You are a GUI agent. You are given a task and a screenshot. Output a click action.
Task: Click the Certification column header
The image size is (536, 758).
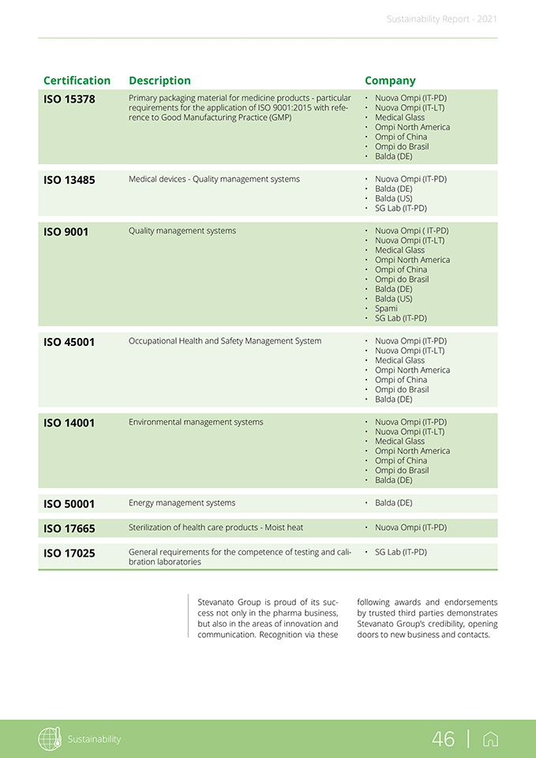(x=77, y=81)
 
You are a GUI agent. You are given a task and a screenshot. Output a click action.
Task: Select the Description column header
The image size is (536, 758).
(x=159, y=81)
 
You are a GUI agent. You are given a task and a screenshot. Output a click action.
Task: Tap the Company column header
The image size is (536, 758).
(x=390, y=81)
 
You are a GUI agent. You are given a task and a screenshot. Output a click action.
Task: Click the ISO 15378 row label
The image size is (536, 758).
(x=69, y=99)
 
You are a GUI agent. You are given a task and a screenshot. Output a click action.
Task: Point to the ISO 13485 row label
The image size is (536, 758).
(x=69, y=180)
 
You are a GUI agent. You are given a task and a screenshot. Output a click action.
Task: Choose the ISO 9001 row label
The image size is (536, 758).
(x=66, y=232)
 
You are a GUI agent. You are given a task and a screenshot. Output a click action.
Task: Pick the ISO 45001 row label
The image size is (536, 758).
(x=69, y=343)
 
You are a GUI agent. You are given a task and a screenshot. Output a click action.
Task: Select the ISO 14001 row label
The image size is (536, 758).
(x=69, y=423)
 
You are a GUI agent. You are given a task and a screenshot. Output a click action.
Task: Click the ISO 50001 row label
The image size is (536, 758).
(x=69, y=504)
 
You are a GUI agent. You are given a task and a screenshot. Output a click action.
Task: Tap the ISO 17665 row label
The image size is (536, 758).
(x=69, y=528)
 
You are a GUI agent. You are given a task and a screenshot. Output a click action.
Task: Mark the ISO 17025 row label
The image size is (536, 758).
(x=69, y=553)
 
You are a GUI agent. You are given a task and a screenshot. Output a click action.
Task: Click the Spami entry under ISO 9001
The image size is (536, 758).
(x=386, y=309)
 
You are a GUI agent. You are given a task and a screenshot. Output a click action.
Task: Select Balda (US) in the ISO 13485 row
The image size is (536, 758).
(x=393, y=199)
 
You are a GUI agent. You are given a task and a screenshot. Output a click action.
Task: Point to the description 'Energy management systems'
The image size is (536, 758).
(x=182, y=503)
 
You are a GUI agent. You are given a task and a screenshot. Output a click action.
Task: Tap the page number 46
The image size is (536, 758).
(x=443, y=739)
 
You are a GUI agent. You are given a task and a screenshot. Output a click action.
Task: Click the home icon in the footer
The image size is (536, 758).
(x=490, y=739)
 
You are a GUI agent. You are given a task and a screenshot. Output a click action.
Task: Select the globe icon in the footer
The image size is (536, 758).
(x=50, y=739)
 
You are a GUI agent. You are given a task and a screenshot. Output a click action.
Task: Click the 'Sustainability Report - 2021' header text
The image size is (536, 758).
(x=442, y=19)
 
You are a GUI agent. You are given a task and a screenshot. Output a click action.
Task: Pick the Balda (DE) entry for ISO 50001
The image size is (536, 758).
(x=393, y=503)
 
